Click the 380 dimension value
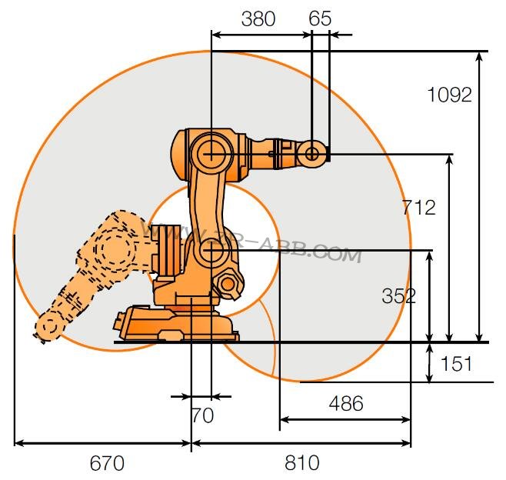coord(258,18)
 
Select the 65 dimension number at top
coord(320,18)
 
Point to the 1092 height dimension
coord(449,95)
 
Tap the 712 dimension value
coord(419,207)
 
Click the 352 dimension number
coord(399,295)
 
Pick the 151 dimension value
coord(456,363)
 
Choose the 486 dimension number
coord(345,403)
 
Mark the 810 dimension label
coord(302,463)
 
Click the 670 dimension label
coord(107,463)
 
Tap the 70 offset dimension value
coord(201,416)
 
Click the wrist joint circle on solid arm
coord(312,154)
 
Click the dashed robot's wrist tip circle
coord(48,327)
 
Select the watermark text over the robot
coord(254,242)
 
